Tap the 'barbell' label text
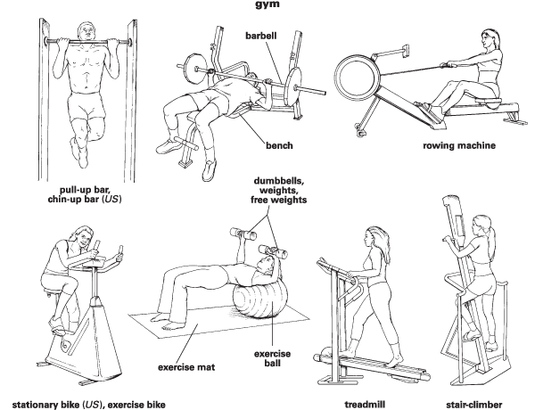coord(263,35)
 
